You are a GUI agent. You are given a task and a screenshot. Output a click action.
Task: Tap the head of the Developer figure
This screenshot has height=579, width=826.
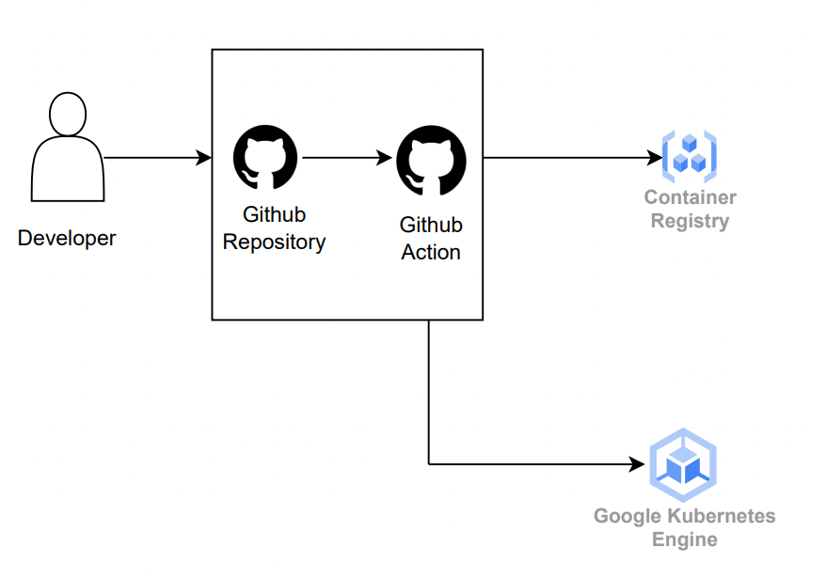pos(67,115)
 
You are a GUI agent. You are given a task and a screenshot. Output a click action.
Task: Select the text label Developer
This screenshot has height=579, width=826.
pos(67,239)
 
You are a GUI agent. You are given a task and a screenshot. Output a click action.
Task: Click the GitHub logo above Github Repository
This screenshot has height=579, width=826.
pos(265,158)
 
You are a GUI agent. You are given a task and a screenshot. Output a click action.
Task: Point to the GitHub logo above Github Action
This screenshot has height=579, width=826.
pos(431,160)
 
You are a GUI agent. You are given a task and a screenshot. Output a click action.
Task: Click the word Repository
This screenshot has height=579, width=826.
pos(274,243)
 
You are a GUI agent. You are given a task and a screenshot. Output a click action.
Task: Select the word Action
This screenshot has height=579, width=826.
pos(431,253)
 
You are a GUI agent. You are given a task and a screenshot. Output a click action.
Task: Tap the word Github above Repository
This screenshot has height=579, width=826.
pos(274,215)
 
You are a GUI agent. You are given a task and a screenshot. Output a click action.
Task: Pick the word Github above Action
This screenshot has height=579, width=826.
pos(431,226)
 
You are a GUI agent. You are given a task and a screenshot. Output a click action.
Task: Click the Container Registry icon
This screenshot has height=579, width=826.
pos(690,157)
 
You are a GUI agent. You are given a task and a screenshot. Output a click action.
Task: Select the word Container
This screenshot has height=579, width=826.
pos(690,197)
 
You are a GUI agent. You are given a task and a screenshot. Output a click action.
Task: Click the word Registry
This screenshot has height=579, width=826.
pos(690,222)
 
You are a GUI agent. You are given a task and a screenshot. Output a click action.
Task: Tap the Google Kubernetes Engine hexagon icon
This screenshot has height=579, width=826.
pos(683,464)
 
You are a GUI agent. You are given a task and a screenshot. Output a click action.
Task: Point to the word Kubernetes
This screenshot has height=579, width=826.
pos(722,516)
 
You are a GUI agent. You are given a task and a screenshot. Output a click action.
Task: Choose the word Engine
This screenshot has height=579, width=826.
pos(685,540)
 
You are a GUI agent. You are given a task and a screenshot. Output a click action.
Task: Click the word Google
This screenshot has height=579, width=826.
pos(627,516)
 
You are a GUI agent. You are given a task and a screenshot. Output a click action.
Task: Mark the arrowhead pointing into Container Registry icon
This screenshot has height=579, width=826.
pos(656,158)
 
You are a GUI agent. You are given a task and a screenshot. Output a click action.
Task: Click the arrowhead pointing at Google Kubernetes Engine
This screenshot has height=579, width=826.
pos(641,464)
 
